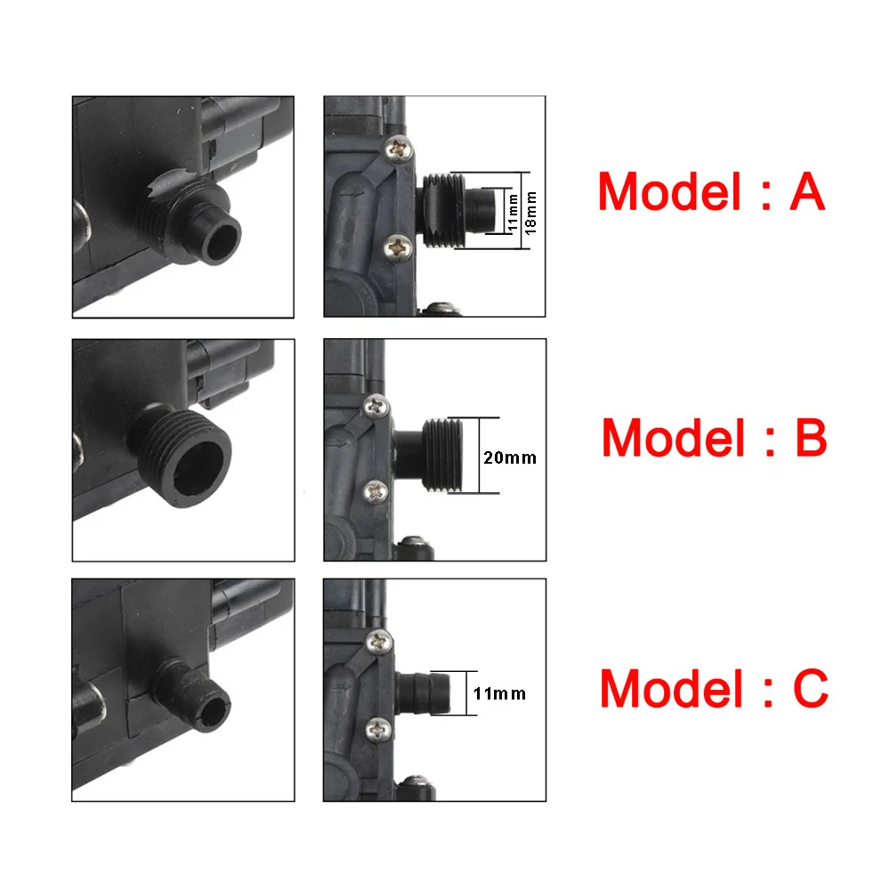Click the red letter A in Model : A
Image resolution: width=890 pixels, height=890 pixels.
[x=806, y=192]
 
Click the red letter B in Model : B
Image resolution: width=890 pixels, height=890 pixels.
[x=807, y=438]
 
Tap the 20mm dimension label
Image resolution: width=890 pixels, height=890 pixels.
[x=510, y=457]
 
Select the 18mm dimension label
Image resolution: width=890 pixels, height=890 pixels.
[x=531, y=210]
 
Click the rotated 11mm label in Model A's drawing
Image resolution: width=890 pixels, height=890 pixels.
[x=513, y=211]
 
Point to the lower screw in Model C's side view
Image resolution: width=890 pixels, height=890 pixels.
[x=381, y=730]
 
